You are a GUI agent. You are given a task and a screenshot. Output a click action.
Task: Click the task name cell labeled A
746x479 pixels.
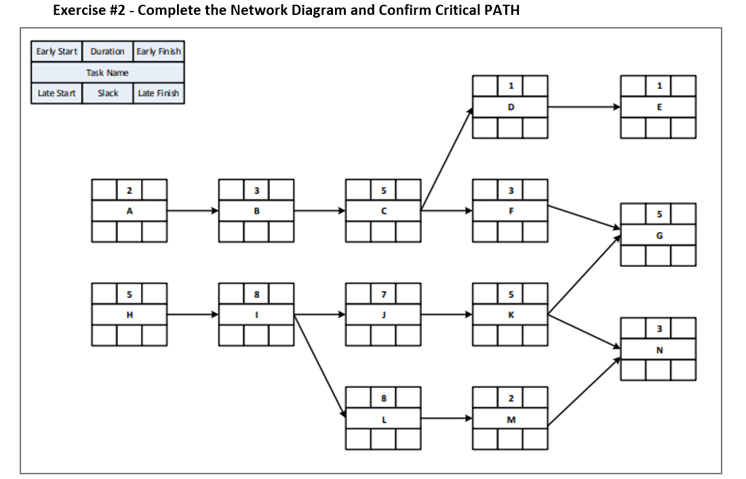click(129, 211)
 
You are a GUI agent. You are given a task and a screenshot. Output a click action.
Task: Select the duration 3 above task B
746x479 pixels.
click(256, 189)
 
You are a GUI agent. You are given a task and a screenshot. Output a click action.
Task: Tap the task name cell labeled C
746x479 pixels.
click(383, 211)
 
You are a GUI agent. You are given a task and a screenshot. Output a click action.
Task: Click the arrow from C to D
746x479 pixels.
click(446, 159)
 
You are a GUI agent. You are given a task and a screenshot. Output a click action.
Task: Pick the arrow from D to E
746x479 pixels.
click(583, 107)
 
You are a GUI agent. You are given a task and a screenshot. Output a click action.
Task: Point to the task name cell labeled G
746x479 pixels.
click(658, 235)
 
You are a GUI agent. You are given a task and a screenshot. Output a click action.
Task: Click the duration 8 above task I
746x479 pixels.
click(256, 294)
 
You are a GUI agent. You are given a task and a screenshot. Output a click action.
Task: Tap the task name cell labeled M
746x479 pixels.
click(511, 419)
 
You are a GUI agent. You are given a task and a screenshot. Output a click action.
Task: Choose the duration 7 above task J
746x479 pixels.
click(383, 294)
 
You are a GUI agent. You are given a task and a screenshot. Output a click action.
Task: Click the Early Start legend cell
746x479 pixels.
click(56, 52)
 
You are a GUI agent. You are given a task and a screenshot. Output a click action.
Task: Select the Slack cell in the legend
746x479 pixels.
click(107, 94)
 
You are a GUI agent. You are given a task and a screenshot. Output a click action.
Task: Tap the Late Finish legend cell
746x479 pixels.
click(159, 94)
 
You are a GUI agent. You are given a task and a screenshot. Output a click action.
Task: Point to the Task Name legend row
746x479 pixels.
click(107, 73)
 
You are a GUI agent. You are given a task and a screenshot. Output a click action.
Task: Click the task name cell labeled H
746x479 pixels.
click(129, 315)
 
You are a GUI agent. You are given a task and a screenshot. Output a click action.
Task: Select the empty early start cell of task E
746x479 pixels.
click(633, 86)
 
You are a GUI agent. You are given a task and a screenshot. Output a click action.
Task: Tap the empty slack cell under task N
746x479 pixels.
click(658, 370)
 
